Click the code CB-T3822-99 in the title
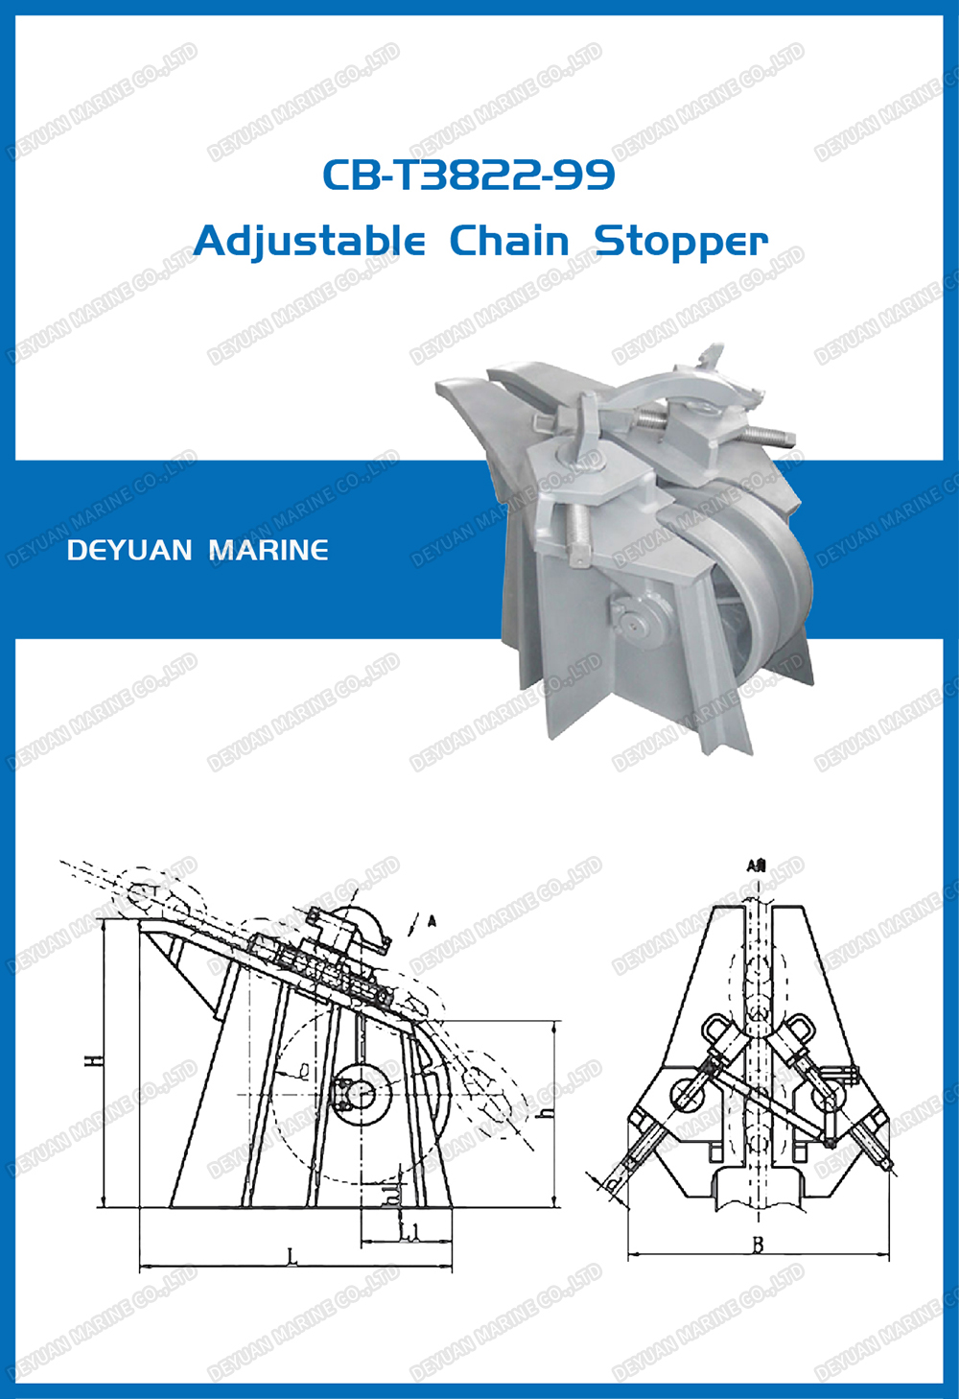pyautogui.click(x=468, y=175)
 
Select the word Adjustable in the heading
pyautogui.click(x=309, y=241)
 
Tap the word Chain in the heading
pyautogui.click(x=509, y=241)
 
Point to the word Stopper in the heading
pyautogui.click(x=681, y=242)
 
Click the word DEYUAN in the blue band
pyautogui.click(x=130, y=551)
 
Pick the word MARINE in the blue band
pyautogui.click(x=269, y=551)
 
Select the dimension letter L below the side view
pyautogui.click(x=293, y=1256)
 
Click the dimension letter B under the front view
pyautogui.click(x=757, y=1245)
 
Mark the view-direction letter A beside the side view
pyautogui.click(x=432, y=921)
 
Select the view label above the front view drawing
pyautogui.click(x=756, y=865)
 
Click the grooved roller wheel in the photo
pyautogui.click(x=762, y=595)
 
